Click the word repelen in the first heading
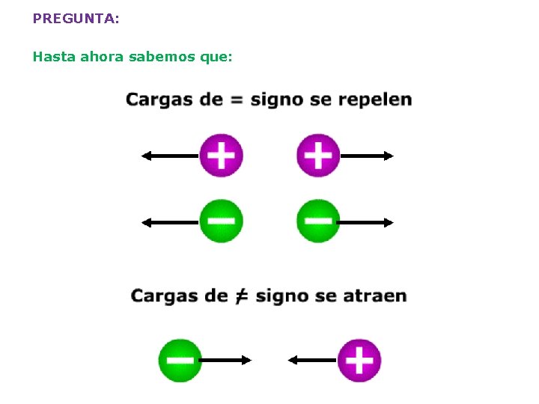pyautogui.click(x=374, y=100)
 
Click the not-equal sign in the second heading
pyautogui.click(x=240, y=296)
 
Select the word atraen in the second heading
pyautogui.click(x=374, y=296)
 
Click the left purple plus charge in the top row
pyautogui.click(x=221, y=156)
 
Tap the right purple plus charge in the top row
pyautogui.click(x=318, y=156)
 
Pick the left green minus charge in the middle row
pyautogui.click(x=221, y=221)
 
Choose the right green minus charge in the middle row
pyautogui.click(x=318, y=221)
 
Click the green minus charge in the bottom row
pyautogui.click(x=180, y=360)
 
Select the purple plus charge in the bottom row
pyautogui.click(x=359, y=360)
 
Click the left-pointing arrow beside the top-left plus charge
pyautogui.click(x=171, y=156)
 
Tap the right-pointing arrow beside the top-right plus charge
pyautogui.click(x=367, y=156)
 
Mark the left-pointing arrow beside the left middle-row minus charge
pyautogui.click(x=171, y=222)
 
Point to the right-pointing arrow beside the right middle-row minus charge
pyautogui.click(x=367, y=222)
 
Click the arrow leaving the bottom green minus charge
pyautogui.click(x=227, y=360)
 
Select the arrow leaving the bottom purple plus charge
pyautogui.click(x=313, y=360)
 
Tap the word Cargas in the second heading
pyautogui.click(x=163, y=296)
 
